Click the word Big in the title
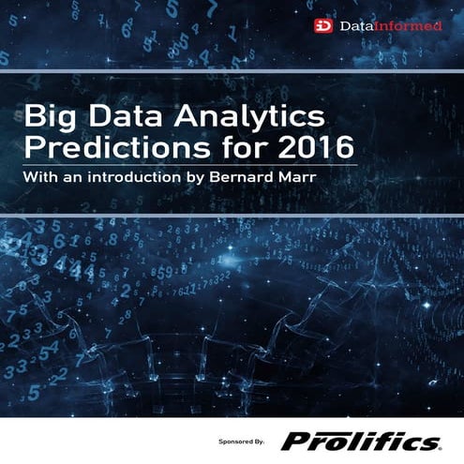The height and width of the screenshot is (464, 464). click(49, 119)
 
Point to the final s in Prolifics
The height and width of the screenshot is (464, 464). click(428, 441)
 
